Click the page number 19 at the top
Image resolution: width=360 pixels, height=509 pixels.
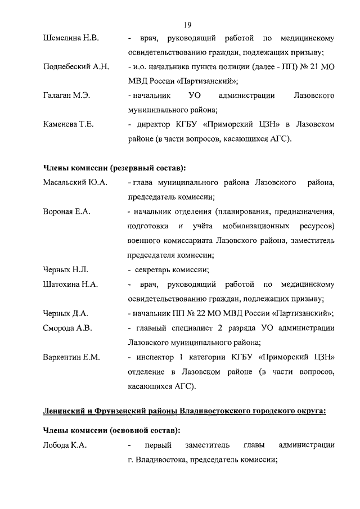[188, 24]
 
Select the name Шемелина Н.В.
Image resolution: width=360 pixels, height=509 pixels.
[71, 39]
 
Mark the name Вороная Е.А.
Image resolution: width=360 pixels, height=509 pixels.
[66, 211]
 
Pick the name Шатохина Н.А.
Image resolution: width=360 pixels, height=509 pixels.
[70, 284]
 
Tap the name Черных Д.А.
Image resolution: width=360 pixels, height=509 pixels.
[65, 313]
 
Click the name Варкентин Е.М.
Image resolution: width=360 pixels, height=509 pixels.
[71, 357]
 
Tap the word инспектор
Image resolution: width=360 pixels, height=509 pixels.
[157, 357]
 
